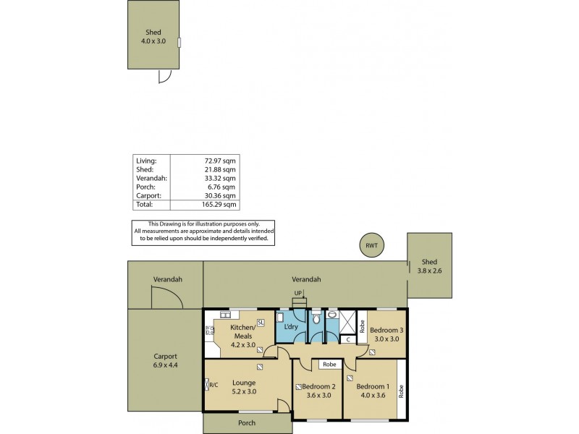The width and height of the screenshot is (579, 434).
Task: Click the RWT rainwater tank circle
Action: click(371, 246)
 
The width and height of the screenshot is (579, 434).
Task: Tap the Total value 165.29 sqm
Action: click(219, 205)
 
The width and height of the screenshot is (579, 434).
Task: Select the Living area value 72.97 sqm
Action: click(219, 160)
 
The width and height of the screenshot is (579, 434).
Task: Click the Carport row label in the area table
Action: click(147, 195)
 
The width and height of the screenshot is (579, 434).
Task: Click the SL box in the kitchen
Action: click(261, 322)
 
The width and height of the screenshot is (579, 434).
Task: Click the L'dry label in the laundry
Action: click(291, 327)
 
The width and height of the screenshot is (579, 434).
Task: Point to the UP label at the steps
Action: click(297, 293)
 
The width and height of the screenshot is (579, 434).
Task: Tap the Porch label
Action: click(248, 423)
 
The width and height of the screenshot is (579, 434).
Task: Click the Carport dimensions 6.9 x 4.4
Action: click(165, 365)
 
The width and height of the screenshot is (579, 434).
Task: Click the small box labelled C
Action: click(347, 339)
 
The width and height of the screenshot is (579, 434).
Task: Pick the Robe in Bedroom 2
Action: click(329, 365)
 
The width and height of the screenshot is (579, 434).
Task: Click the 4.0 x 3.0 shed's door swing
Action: click(165, 75)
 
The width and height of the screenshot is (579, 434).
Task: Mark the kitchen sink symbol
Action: click(225, 315)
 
